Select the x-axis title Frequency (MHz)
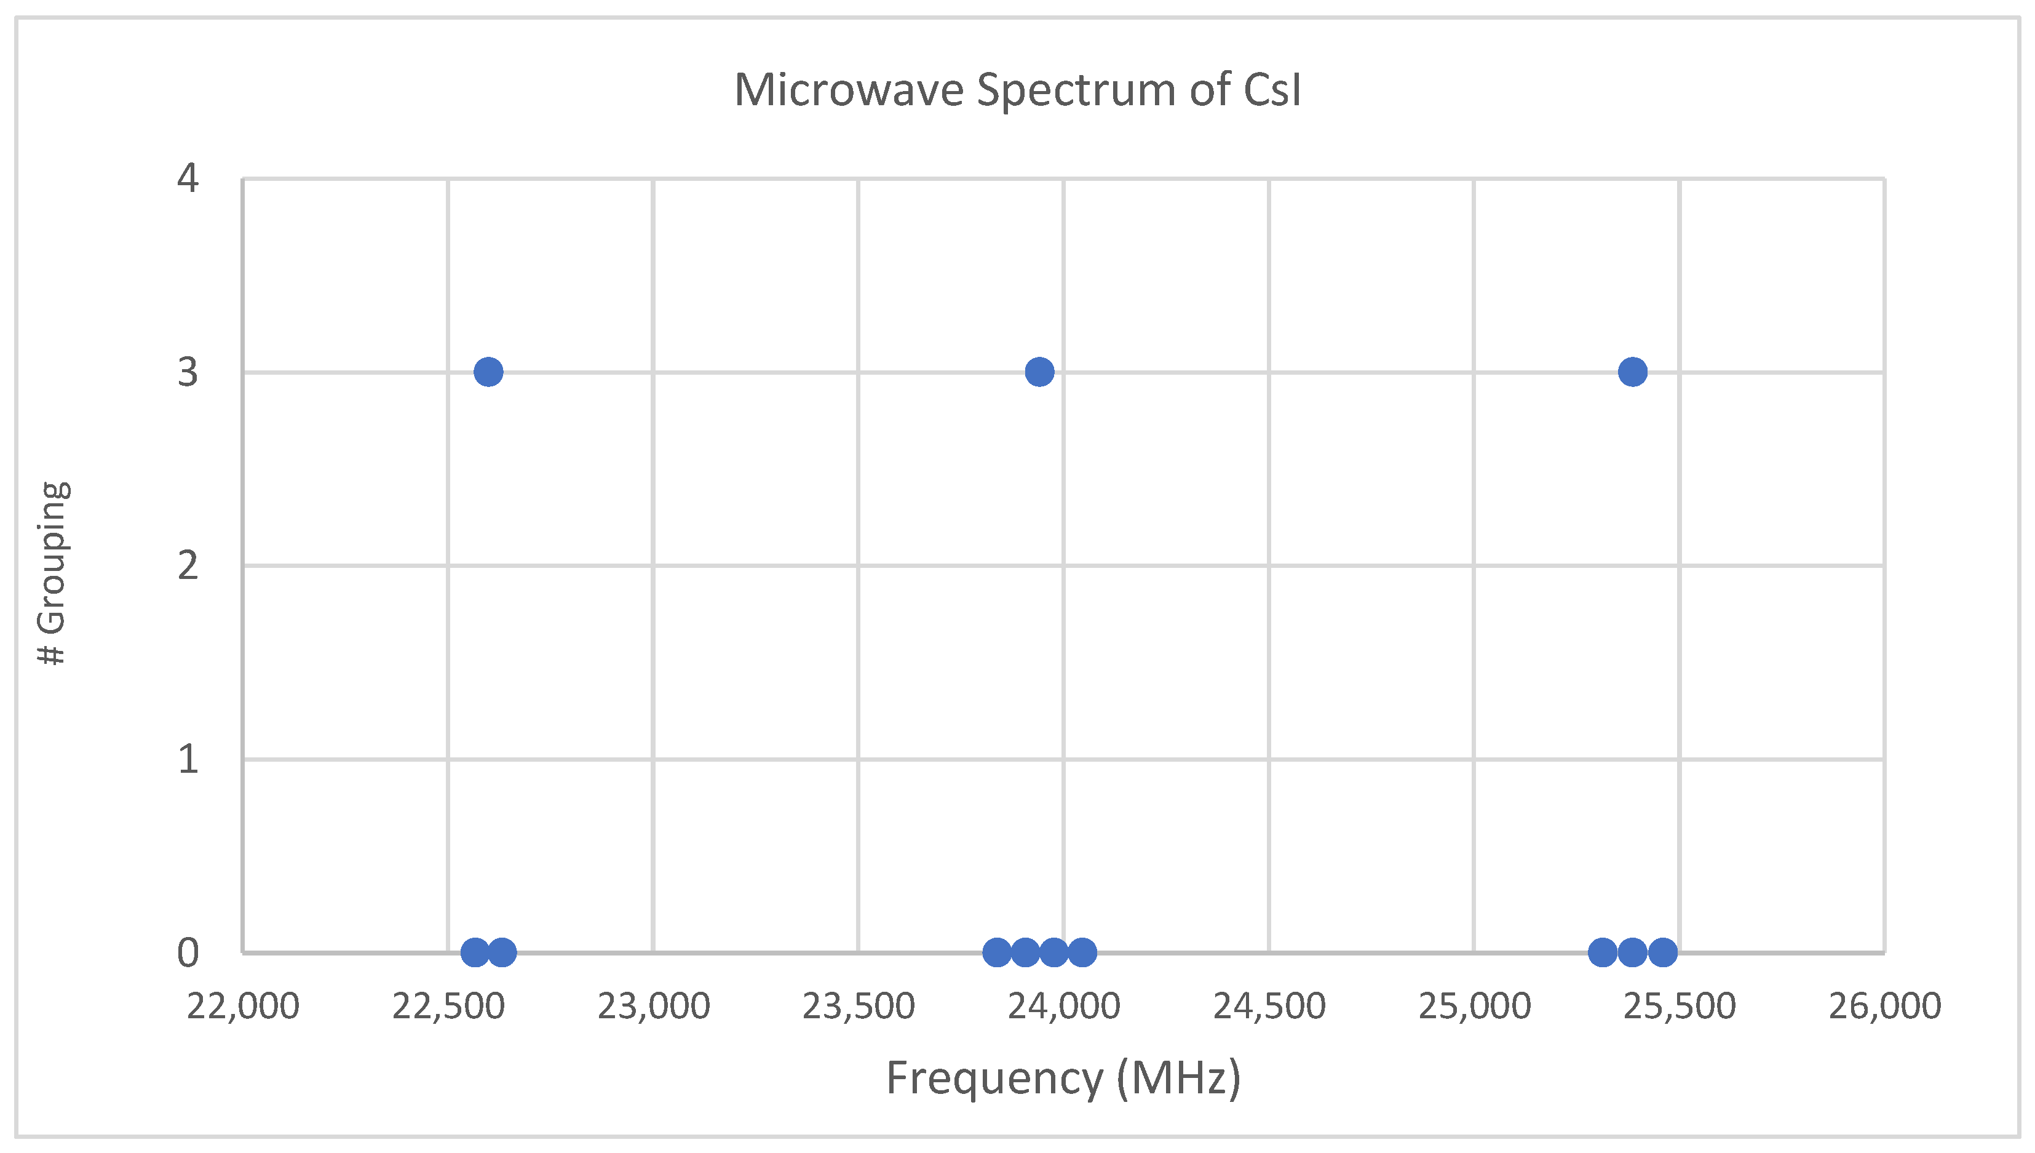1063,1079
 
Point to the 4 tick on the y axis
188,178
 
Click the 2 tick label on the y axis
188,565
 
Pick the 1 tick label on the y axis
188,759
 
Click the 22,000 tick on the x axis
243,1007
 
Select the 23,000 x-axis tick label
653,1007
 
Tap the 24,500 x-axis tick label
1269,1007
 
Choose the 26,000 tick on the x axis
1884,1007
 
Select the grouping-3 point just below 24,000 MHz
1039,372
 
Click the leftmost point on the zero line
475,952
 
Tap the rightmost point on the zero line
1662,952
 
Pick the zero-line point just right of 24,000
1082,952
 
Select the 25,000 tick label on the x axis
1474,1007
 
